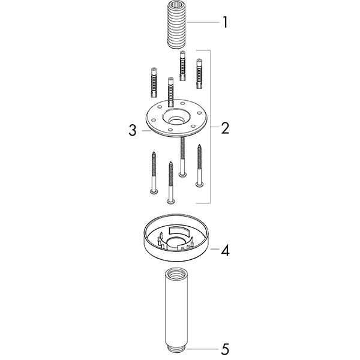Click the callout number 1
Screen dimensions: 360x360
point(225,22)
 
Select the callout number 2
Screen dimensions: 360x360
point(225,128)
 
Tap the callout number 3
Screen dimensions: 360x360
point(133,130)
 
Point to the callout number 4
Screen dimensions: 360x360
point(225,250)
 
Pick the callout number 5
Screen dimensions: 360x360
point(225,349)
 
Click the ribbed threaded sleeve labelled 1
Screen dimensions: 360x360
point(177,25)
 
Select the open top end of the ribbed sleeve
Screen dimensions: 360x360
point(177,4)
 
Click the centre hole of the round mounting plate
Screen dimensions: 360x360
point(177,121)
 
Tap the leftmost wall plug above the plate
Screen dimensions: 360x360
point(154,82)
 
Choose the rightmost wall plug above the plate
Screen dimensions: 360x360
point(199,74)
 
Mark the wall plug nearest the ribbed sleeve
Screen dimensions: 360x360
point(182,65)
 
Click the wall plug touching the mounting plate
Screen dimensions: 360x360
point(170,92)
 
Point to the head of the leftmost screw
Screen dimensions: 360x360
point(154,191)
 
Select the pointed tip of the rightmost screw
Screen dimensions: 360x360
point(199,145)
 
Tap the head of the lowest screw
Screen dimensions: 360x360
point(170,202)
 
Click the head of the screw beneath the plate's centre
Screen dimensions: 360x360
point(182,175)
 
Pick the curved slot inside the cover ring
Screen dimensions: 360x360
point(180,231)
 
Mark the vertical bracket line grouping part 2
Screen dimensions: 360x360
point(211,127)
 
